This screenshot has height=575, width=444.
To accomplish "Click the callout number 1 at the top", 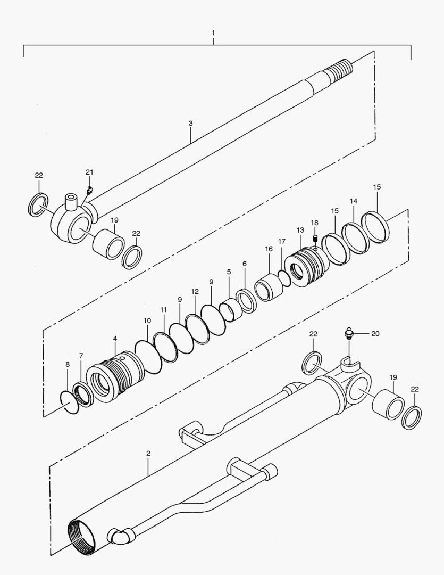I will pyautogui.click(x=213, y=33).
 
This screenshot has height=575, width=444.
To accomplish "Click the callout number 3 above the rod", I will pyautogui.click(x=190, y=123).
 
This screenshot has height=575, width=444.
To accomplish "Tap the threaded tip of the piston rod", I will pyautogui.click(x=341, y=70).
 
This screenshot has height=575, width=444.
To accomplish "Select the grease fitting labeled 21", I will pyautogui.click(x=89, y=190).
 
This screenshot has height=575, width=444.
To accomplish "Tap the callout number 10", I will pyautogui.click(x=147, y=321).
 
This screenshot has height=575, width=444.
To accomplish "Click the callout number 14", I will pyautogui.click(x=354, y=201).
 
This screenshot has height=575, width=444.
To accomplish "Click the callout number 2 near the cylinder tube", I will pyautogui.click(x=148, y=454).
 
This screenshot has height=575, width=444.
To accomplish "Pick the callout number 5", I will pyautogui.click(x=229, y=272).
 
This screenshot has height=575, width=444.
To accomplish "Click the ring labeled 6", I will pyautogui.click(x=246, y=300).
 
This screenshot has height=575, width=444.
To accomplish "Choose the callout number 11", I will pyautogui.click(x=163, y=309).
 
